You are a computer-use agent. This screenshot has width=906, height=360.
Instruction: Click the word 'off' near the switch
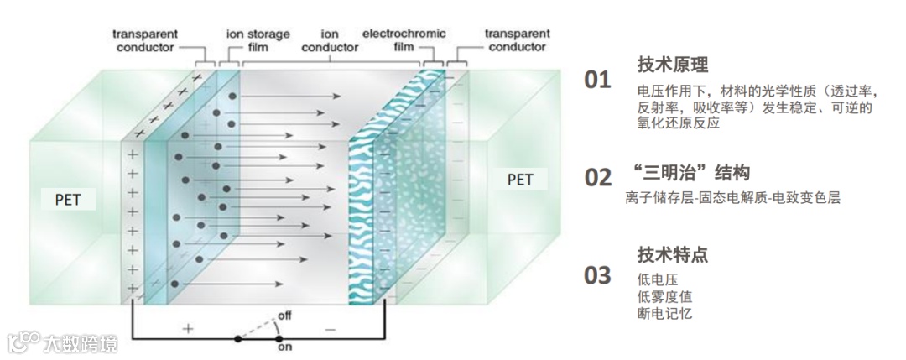coord(284,316)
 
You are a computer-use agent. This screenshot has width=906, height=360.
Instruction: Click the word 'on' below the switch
coord(284,345)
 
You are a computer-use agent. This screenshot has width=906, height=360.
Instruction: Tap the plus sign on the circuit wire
coord(188,329)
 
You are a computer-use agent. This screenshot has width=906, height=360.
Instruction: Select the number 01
coord(597,80)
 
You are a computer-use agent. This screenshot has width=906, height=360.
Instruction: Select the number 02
coord(597,177)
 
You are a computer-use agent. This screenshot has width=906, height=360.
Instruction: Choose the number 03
coord(597,274)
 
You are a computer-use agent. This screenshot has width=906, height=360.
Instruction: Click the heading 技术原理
coord(673,65)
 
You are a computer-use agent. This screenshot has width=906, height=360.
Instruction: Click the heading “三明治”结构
coord(692,173)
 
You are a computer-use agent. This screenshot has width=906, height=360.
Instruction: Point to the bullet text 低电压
coord(658,279)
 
